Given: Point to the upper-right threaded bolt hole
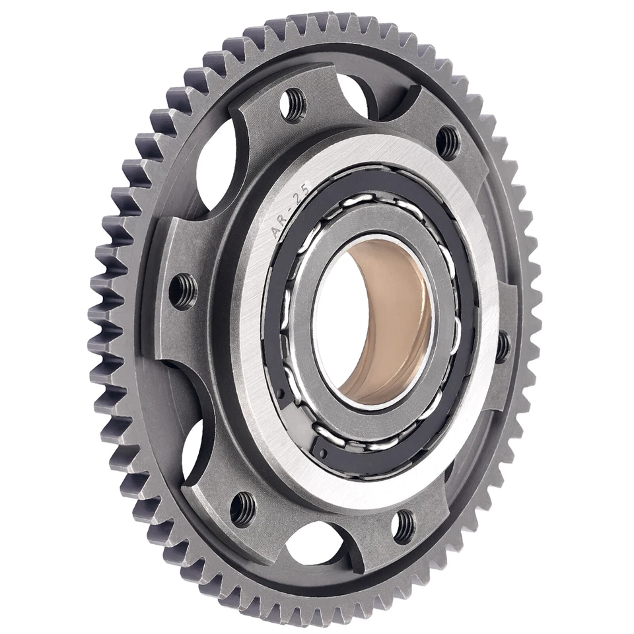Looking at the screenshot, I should coord(449,139).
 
